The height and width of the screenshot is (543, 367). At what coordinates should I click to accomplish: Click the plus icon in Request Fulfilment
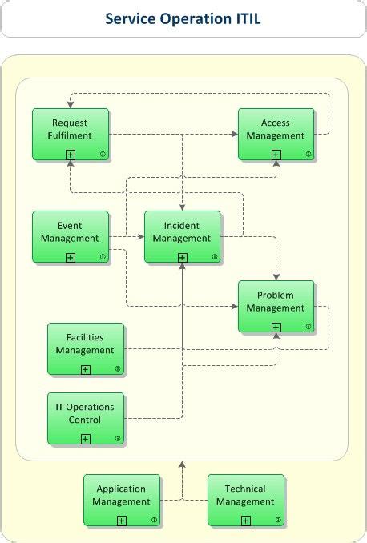[x=71, y=154]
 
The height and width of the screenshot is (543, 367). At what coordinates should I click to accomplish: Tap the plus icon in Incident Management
[x=183, y=257]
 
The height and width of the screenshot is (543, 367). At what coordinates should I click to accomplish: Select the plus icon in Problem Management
[x=276, y=327]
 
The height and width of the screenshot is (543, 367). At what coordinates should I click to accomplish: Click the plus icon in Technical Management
[x=246, y=521]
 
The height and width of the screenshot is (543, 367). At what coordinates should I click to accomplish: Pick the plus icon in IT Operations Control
[x=86, y=439]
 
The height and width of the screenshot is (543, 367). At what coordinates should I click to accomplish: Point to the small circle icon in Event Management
[x=103, y=257]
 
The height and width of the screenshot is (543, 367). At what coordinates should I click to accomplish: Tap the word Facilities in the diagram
[x=85, y=339]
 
